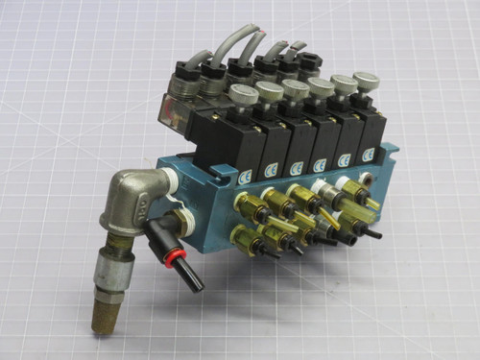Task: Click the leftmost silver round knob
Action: click(x=241, y=93)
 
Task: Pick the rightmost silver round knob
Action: click(x=365, y=80)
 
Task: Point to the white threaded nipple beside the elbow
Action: click(x=170, y=180)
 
